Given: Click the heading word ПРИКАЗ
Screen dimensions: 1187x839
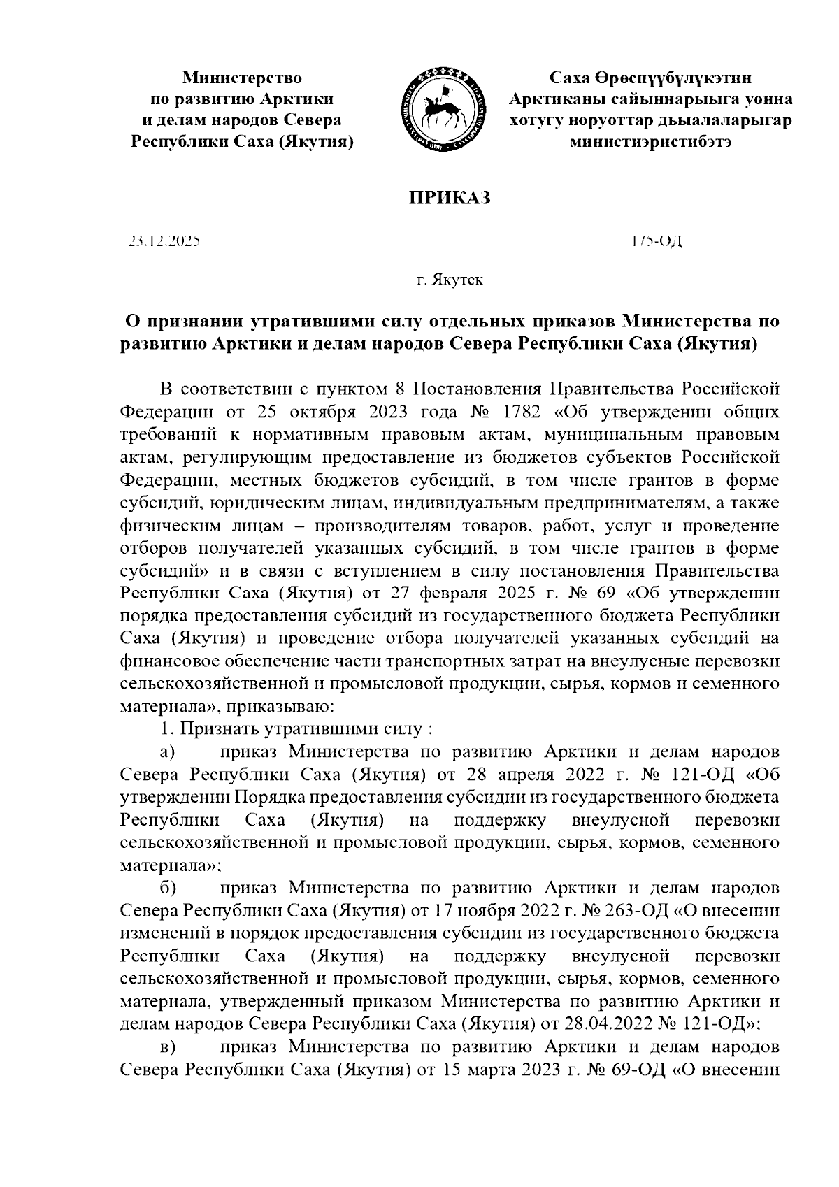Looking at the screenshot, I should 450,199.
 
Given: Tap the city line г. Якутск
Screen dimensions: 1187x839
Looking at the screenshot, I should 450,281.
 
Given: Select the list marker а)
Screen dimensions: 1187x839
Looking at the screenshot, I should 167,752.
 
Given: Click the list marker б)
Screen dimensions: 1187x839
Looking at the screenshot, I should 168,888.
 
